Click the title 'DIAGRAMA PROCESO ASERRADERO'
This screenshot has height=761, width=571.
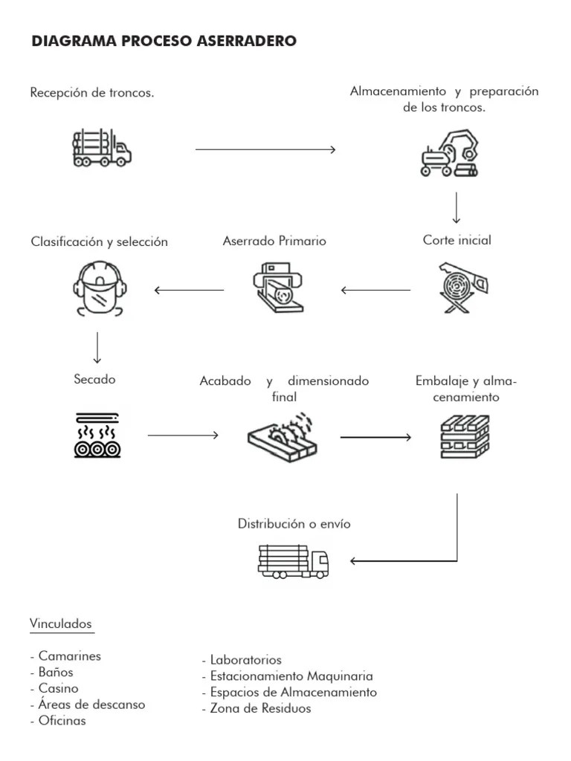pos(164,42)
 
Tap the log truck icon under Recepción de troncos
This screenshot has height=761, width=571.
pos(102,148)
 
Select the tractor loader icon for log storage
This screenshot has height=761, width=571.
pos(448,154)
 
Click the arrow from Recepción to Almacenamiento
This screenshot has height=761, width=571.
pos(265,149)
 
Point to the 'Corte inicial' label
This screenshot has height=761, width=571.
pos(457,240)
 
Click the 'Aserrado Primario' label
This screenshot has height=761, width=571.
pos(274,241)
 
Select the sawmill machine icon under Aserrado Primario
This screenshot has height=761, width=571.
pos(278,288)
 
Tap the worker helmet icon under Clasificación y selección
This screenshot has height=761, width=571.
pos(98,288)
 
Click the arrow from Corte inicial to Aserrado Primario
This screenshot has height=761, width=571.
pos(375,290)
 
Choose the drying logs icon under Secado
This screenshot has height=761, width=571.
pos(97,434)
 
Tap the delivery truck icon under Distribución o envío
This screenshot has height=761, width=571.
pos(294,561)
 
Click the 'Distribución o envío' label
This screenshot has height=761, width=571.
pos(294,524)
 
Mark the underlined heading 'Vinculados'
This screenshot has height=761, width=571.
pos(61,624)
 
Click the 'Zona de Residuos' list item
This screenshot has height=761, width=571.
pos(257,708)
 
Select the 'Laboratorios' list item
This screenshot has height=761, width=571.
pos(243,660)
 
